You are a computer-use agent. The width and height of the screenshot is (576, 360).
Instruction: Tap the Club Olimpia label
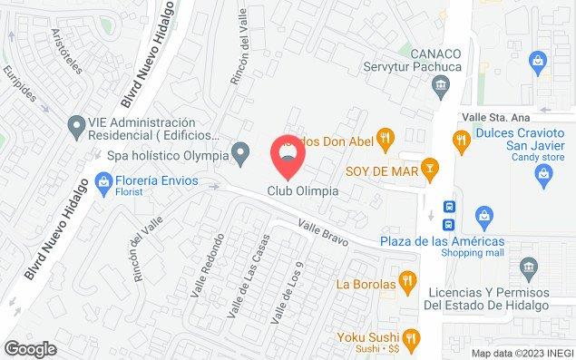pyautogui.click(x=303, y=191)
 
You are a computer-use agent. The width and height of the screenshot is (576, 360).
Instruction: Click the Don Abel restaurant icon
pyautogui.click(x=387, y=138)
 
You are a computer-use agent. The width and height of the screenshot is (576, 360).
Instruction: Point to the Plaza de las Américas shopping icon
pyautogui.click(x=485, y=217)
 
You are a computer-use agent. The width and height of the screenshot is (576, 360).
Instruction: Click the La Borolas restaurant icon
pyautogui.click(x=410, y=282)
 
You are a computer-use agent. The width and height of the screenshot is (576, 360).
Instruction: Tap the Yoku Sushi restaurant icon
pyautogui.click(x=411, y=337)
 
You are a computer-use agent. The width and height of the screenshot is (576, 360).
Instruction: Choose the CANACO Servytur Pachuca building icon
pyautogui.click(x=441, y=87)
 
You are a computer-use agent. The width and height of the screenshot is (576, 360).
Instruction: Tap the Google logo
pyautogui.click(x=30, y=348)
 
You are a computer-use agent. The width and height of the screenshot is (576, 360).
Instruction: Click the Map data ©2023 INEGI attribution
pyautogui.click(x=522, y=353)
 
